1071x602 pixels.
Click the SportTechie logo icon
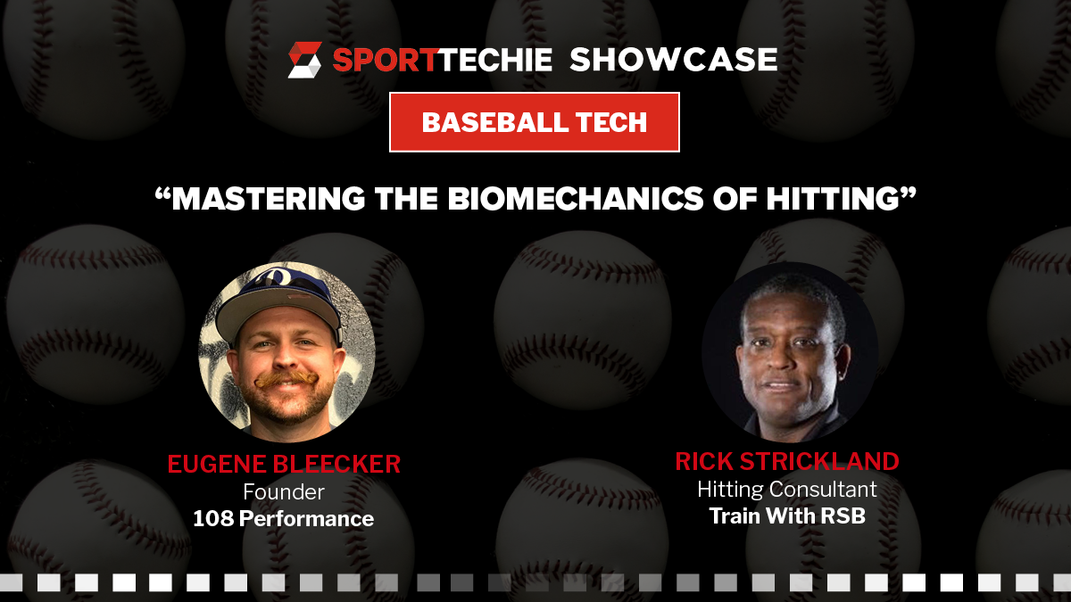tap(304, 60)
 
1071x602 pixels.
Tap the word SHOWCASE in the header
tap(674, 60)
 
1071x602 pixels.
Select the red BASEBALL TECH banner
tap(535, 122)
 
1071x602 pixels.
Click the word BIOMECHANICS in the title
tap(575, 198)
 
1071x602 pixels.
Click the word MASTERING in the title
tap(269, 198)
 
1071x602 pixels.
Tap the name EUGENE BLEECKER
tap(284, 464)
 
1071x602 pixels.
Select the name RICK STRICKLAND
tap(787, 461)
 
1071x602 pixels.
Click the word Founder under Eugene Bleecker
tap(284, 492)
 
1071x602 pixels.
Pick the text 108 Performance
tap(283, 519)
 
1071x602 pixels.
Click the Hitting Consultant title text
tap(787, 490)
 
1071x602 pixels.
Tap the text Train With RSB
tap(787, 516)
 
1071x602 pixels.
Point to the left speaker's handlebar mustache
tap(286, 379)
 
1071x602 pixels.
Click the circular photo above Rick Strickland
tap(790, 351)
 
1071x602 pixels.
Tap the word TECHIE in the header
tap(494, 60)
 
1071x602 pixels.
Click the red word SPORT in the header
tap(385, 60)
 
